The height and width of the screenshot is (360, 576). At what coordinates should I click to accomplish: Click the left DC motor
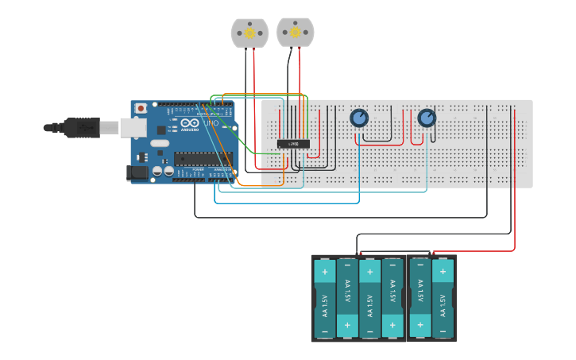pyautogui.click(x=249, y=33)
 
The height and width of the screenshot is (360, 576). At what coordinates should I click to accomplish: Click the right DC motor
pyautogui.click(x=296, y=32)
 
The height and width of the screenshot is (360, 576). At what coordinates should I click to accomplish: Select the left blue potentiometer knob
pyautogui.click(x=359, y=118)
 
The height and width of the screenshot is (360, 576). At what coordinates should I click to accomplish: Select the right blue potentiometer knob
pyautogui.click(x=427, y=118)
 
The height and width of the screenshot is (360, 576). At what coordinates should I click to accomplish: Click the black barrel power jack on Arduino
pyautogui.click(x=137, y=172)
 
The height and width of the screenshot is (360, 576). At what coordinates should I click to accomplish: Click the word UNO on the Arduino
pyautogui.click(x=211, y=124)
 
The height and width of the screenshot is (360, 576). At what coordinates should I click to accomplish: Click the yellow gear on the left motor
pyautogui.click(x=249, y=33)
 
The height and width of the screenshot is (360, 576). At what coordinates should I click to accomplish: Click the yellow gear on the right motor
pyautogui.click(x=296, y=33)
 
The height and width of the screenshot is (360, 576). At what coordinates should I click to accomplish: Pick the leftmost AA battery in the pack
pyautogui.click(x=325, y=299)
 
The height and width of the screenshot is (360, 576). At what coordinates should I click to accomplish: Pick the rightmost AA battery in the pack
pyautogui.click(x=443, y=299)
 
